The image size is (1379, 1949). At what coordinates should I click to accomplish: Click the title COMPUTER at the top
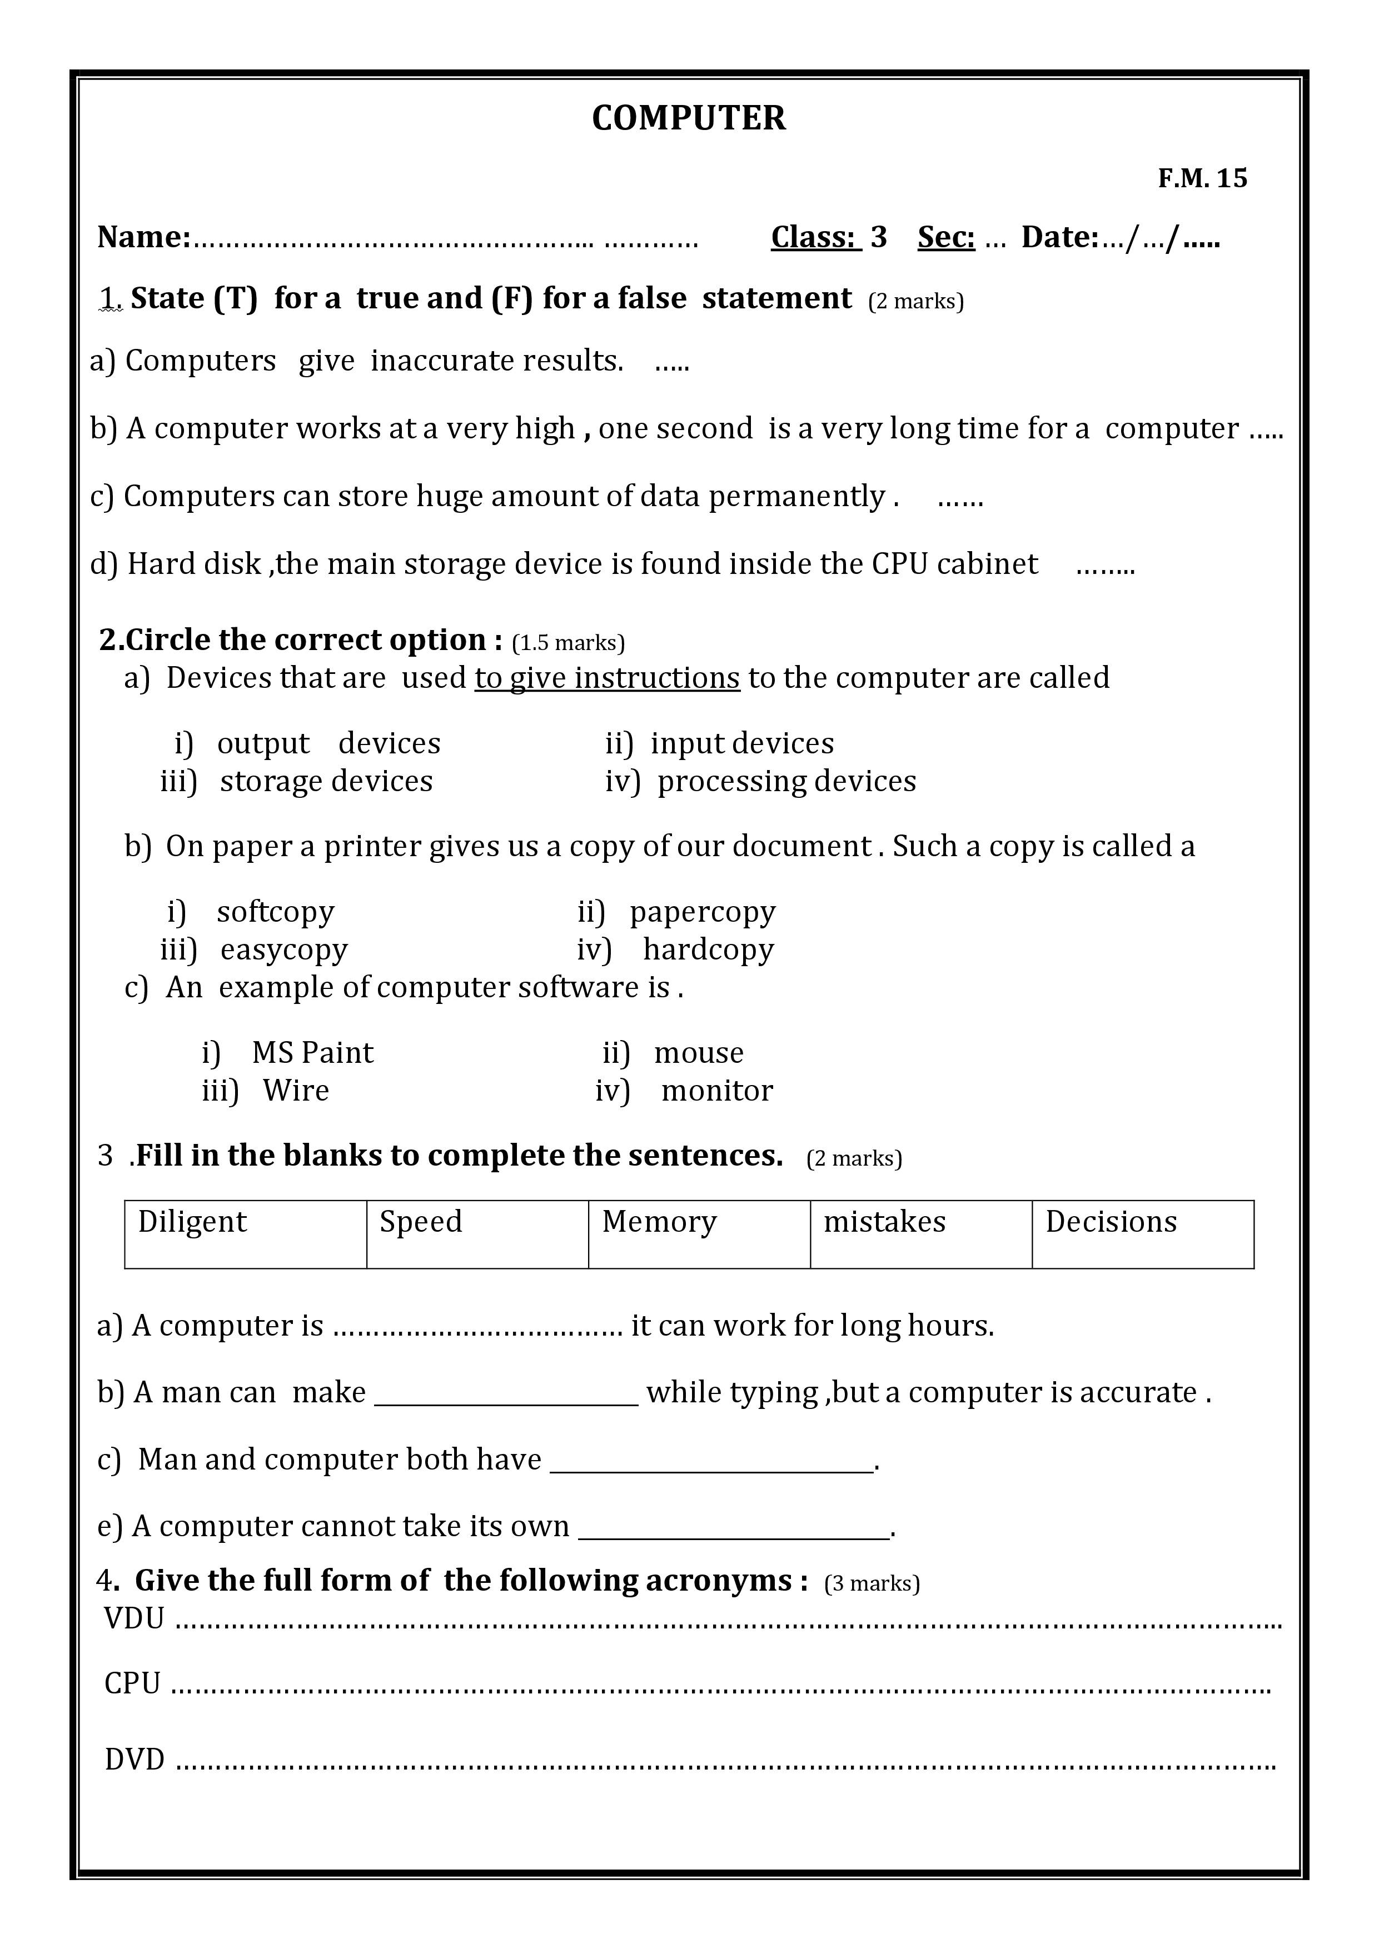(x=689, y=118)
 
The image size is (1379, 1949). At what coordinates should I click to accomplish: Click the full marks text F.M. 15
(x=1202, y=178)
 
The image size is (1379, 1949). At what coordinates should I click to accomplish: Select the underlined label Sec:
(x=946, y=237)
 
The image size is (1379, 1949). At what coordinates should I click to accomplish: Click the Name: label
(x=143, y=237)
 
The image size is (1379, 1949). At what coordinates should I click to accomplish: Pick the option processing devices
(x=786, y=781)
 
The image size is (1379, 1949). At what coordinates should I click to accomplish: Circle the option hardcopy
(x=708, y=949)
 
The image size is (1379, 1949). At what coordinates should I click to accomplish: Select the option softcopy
(x=275, y=912)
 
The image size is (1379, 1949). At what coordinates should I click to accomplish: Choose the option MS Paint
(x=312, y=1053)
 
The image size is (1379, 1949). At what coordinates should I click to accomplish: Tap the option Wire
(x=296, y=1090)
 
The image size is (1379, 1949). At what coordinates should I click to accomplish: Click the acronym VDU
(x=134, y=1619)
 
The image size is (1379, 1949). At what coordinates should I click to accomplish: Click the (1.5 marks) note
(x=568, y=643)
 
